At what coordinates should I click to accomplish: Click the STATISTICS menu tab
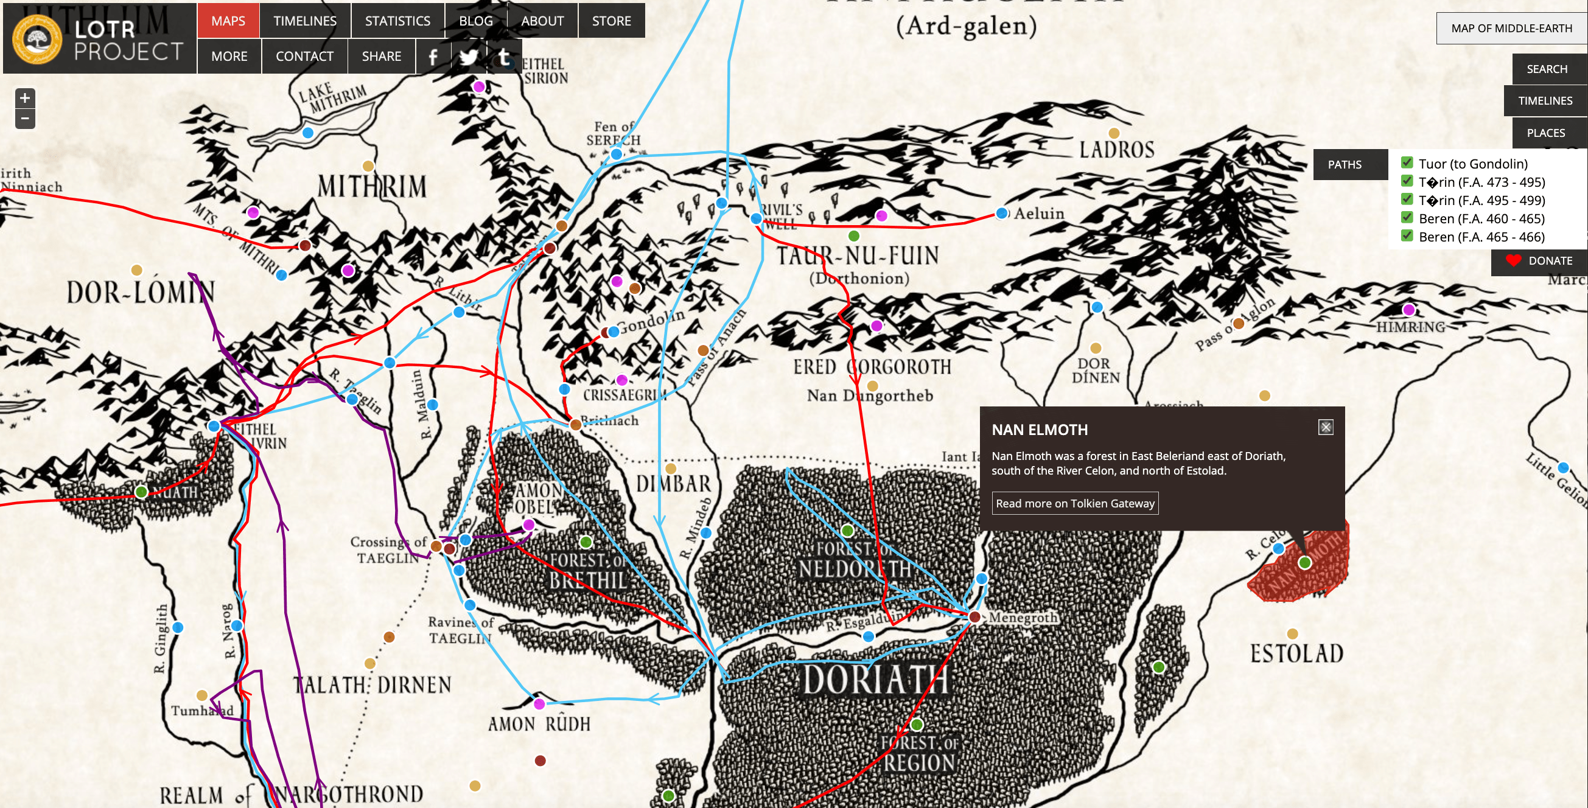(x=397, y=21)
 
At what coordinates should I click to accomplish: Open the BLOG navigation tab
(x=475, y=21)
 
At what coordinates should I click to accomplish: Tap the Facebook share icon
(x=433, y=57)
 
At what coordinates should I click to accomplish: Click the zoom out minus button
(x=25, y=118)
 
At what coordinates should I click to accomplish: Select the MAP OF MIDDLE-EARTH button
(x=1511, y=29)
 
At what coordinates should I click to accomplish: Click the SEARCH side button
(x=1546, y=69)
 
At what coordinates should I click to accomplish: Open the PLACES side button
(x=1545, y=133)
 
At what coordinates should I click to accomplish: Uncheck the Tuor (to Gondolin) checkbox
(x=1407, y=162)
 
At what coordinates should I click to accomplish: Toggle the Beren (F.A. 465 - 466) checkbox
(x=1407, y=235)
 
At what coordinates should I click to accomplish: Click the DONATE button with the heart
(x=1539, y=260)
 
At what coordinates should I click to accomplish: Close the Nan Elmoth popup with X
(x=1326, y=427)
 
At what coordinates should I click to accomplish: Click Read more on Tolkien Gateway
(x=1074, y=503)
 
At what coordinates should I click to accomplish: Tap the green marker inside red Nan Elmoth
(x=1304, y=562)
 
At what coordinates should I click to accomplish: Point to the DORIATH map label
(x=874, y=680)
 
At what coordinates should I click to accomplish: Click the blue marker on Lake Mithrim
(x=307, y=133)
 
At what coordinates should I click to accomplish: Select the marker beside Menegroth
(x=974, y=616)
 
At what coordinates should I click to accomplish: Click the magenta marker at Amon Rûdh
(x=539, y=704)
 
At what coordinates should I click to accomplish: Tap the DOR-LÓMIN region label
(x=141, y=292)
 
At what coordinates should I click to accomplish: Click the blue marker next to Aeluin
(x=1002, y=213)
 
